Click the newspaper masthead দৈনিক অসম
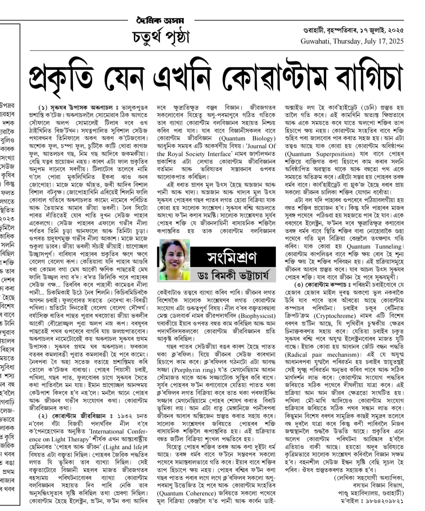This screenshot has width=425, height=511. [160, 20]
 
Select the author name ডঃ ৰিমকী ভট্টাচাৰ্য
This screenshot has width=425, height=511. [234, 274]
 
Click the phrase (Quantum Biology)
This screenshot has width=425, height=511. [247, 138]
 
